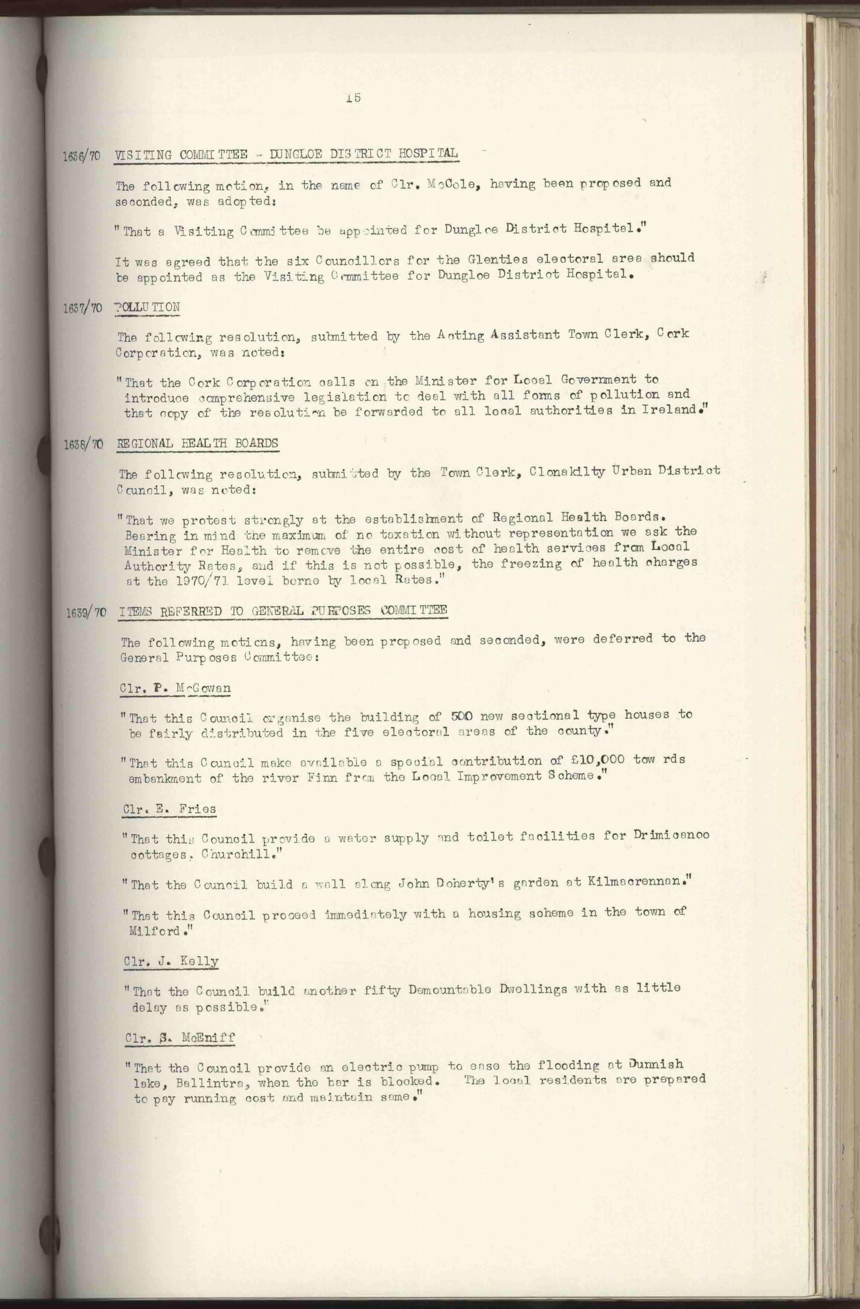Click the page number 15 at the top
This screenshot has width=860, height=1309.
[353, 98]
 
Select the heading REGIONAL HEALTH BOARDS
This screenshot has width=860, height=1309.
[198, 443]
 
